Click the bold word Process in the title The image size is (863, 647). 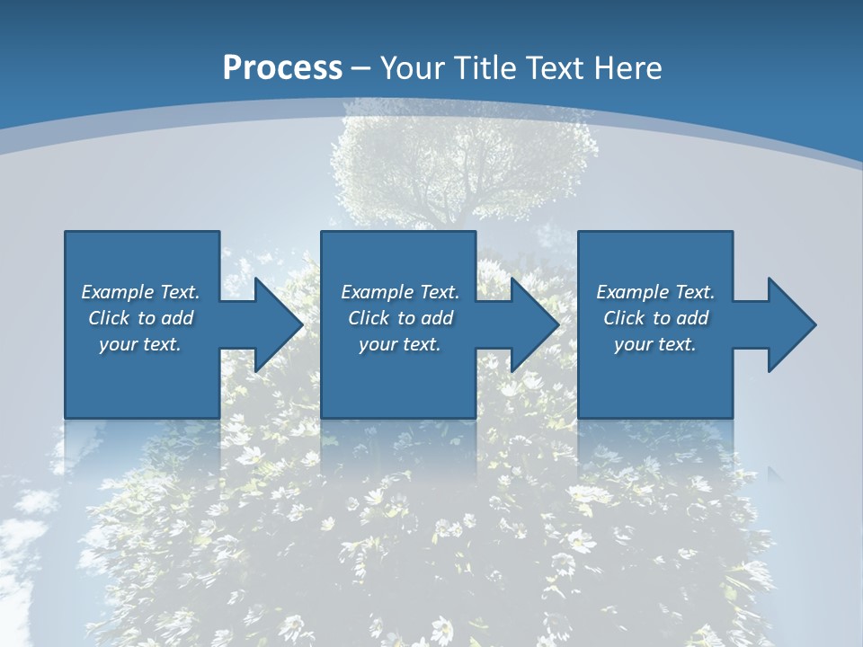coord(282,68)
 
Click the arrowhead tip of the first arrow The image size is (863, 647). coord(302,324)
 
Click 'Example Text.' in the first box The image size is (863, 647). coord(140,292)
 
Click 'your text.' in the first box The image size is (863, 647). coord(140,344)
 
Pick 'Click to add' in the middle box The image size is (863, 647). coord(400,318)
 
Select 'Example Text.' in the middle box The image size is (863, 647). coord(400,292)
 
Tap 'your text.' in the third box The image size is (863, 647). coord(655,344)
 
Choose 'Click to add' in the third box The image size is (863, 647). coord(655,318)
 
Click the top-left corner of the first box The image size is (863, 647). coord(66,232)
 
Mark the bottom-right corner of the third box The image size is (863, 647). coord(732,417)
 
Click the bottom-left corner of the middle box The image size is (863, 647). coord(322,417)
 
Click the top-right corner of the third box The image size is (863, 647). coord(732,232)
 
